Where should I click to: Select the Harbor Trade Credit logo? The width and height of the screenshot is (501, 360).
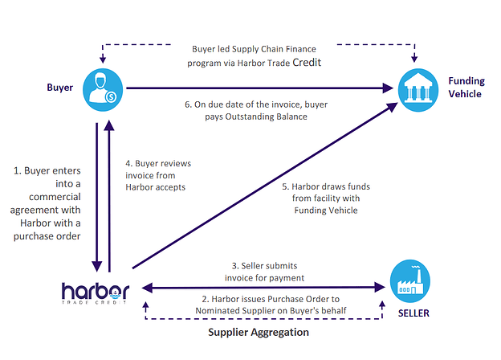pyautogui.click(x=96, y=292)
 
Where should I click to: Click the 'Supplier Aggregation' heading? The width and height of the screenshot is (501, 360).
pyautogui.click(x=259, y=331)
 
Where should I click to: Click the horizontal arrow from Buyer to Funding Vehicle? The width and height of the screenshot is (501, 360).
pyautogui.click(x=257, y=88)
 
